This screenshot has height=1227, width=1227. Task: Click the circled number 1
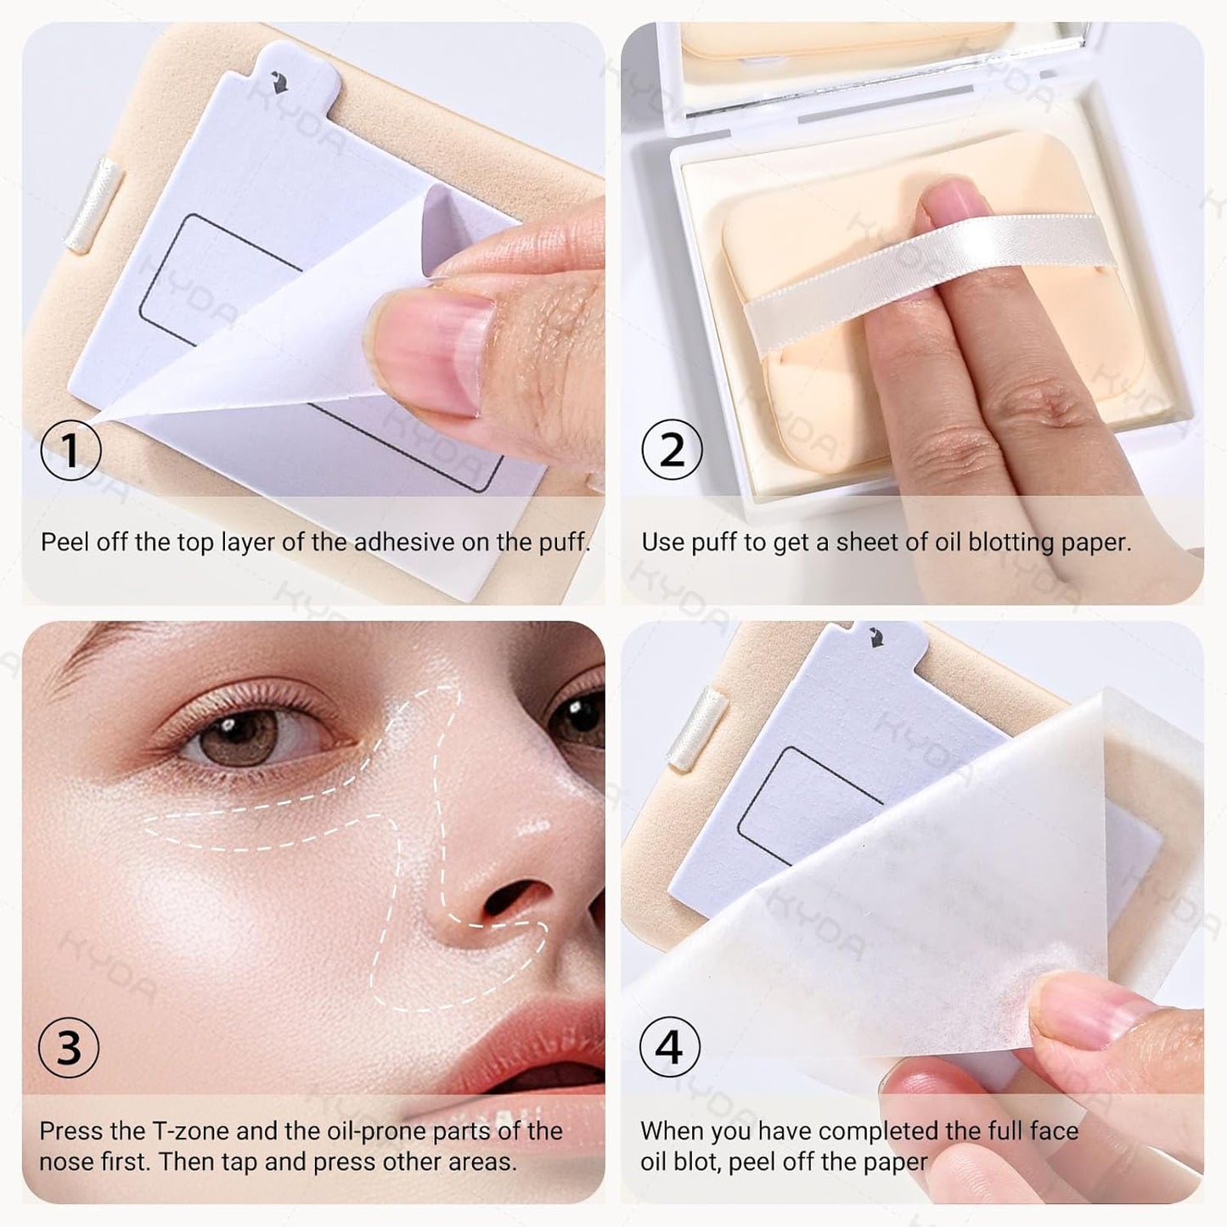(70, 450)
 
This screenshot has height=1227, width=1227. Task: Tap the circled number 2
(672, 450)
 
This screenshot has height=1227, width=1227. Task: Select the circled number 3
(69, 1048)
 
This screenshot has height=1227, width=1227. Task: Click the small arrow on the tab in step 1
(277, 82)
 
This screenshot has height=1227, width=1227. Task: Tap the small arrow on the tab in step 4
(875, 636)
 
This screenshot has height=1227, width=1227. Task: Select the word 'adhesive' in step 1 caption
(403, 542)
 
